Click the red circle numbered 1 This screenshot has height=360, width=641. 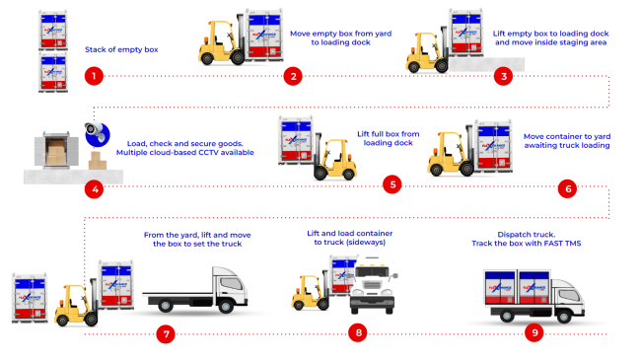point(94,76)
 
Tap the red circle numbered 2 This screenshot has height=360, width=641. point(292,76)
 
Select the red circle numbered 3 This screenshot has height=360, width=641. point(504,76)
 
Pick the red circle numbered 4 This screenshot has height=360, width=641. point(94,187)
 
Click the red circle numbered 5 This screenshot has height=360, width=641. point(393,184)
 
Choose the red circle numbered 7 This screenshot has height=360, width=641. point(166,333)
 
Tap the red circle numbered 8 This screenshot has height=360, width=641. point(358,333)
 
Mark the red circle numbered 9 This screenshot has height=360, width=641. point(534,333)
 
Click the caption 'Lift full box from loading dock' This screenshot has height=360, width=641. point(387,136)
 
